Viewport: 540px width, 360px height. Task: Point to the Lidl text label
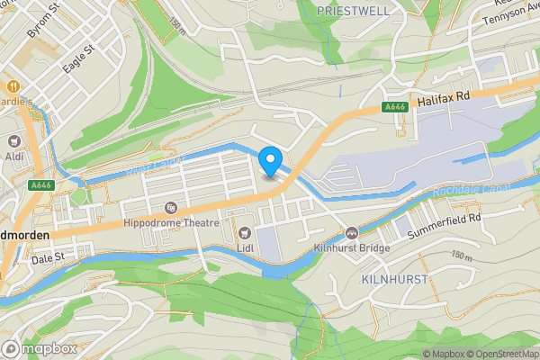click(243, 247)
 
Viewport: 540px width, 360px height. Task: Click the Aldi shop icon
click(14, 141)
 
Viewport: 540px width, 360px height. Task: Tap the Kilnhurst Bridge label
click(351, 247)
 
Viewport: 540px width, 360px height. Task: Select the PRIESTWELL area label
click(352, 10)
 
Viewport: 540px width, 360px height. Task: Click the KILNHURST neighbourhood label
click(393, 280)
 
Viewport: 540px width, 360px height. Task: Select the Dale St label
click(49, 256)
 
